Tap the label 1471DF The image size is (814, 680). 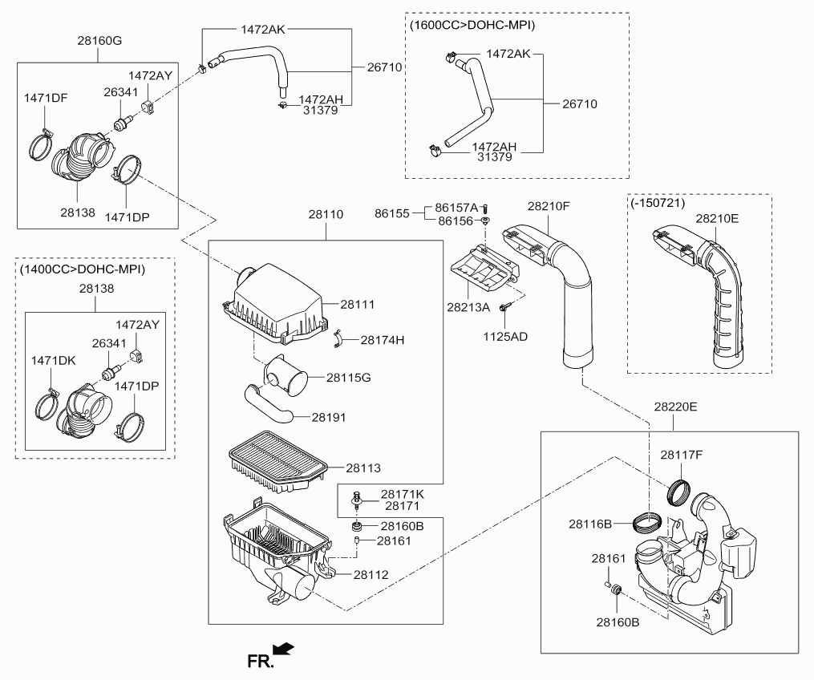point(46,98)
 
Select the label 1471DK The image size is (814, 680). point(53,361)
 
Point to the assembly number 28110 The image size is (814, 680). point(326,215)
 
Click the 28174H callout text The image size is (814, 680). point(382,340)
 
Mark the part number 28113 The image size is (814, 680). point(363,467)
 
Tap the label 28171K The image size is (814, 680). point(402,495)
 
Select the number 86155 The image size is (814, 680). point(392,213)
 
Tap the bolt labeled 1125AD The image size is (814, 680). point(504,307)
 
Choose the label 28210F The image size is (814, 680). point(549,206)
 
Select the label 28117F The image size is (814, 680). point(682,455)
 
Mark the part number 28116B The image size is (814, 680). point(591,524)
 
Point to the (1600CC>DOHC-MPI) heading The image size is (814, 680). point(472,26)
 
